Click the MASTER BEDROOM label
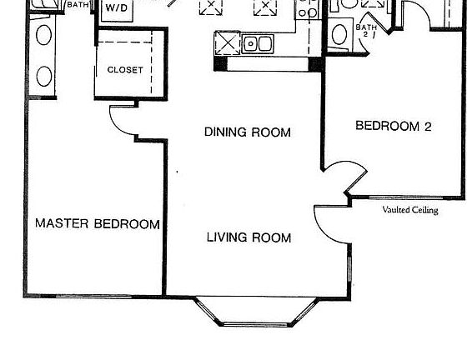[97, 224]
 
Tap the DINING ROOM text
[248, 132]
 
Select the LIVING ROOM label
[249, 238]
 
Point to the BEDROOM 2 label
[393, 127]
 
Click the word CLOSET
[125, 71]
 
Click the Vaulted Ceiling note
[409, 210]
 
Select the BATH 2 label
[365, 31]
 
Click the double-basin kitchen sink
[259, 43]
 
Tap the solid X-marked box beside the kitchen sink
[228, 42]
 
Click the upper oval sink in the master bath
[43, 35]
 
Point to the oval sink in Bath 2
[339, 35]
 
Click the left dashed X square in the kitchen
[210, 8]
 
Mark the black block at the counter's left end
[220, 63]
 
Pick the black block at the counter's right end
[316, 63]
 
